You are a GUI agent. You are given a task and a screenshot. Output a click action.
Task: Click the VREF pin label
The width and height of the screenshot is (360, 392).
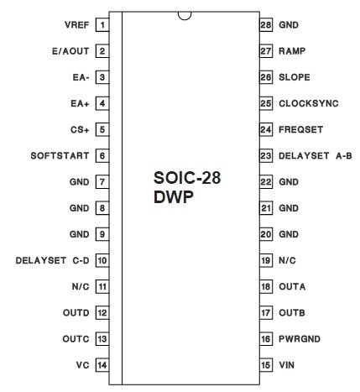76,25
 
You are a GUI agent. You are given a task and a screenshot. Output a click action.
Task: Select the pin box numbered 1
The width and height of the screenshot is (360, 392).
102,25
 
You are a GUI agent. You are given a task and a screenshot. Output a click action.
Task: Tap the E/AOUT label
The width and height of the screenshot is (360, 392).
70,51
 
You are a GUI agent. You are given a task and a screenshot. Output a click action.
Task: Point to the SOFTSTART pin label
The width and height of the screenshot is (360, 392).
60,155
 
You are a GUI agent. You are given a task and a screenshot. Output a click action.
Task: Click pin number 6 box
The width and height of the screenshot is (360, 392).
102,155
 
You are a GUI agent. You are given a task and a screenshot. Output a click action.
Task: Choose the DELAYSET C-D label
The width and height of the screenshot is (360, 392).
52,260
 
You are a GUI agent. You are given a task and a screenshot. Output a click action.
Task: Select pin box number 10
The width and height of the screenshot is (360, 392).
102,260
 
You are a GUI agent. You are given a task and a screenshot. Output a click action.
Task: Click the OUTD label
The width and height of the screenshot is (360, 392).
76,312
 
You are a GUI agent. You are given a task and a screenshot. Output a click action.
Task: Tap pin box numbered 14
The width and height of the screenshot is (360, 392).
102,365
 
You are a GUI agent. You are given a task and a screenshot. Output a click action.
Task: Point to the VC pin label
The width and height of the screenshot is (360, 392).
82,365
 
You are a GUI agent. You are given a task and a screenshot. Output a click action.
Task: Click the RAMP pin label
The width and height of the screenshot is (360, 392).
292,51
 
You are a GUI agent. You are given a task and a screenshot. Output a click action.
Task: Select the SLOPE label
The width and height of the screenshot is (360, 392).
295,77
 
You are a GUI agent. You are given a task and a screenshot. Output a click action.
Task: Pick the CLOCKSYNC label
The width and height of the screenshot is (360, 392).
309,103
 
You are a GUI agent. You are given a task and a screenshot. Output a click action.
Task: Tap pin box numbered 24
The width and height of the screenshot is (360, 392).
266,129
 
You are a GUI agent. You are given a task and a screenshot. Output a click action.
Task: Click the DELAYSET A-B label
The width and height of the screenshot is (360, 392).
316,155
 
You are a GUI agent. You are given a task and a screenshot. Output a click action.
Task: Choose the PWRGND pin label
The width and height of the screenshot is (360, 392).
300,339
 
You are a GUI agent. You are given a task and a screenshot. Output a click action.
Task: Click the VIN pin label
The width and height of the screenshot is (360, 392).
286,365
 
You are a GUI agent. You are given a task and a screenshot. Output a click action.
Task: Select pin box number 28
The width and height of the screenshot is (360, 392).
266,25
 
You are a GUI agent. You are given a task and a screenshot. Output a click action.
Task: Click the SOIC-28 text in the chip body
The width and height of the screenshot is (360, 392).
187,178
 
